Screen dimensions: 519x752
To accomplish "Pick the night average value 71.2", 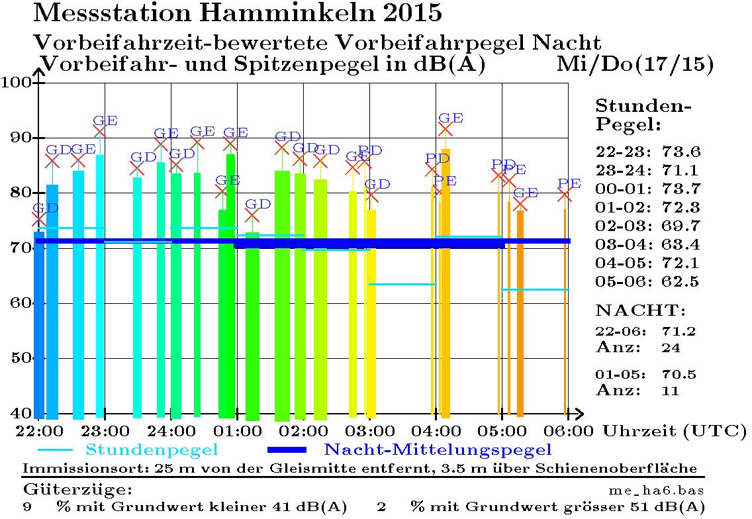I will click(x=679, y=331).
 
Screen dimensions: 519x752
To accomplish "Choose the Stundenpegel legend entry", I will click(x=152, y=450).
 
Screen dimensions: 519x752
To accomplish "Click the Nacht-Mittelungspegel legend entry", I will click(x=437, y=450).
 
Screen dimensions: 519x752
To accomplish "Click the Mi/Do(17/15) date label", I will click(x=635, y=64).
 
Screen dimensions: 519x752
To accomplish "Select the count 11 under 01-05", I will click(x=670, y=391).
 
